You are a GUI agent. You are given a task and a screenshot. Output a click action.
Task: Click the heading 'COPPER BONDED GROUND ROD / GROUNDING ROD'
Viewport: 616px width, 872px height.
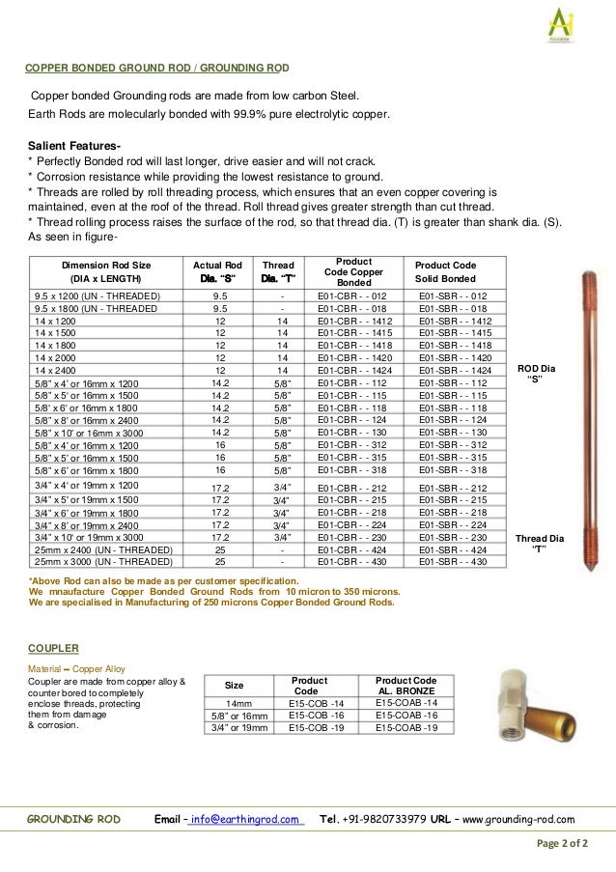[x=156, y=69]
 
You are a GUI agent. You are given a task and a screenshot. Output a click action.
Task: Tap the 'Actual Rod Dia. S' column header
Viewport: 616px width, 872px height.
[x=217, y=271]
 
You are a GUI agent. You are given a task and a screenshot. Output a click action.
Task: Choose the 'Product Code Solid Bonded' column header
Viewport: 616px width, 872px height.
[x=445, y=271]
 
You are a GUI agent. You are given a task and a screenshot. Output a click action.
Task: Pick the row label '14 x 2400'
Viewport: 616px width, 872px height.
[x=55, y=370]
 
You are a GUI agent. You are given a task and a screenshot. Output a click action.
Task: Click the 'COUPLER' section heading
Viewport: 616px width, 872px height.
[x=53, y=649]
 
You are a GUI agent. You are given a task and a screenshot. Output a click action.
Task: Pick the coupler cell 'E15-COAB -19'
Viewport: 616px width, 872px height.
[x=406, y=727]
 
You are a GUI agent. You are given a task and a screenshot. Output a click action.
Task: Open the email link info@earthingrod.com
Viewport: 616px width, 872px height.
[x=245, y=819]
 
